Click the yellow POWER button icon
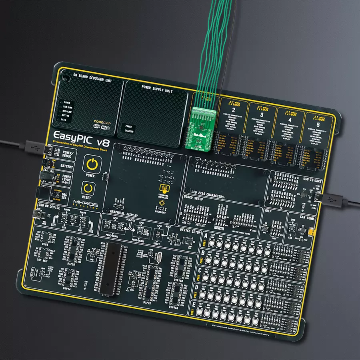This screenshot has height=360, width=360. coord(92,164)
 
